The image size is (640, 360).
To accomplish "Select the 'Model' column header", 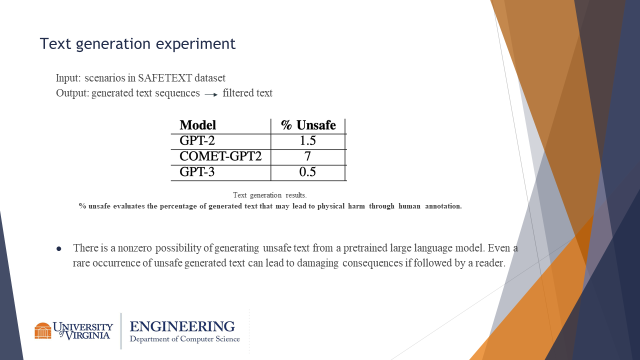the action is (x=197, y=125).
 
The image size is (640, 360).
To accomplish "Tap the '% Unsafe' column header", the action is (x=308, y=125).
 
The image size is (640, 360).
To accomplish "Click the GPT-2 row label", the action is (x=197, y=140).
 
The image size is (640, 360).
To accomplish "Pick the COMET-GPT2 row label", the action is (x=220, y=156).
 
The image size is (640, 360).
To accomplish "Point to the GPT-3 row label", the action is (x=197, y=172).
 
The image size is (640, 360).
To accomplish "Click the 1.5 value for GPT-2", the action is (x=307, y=140).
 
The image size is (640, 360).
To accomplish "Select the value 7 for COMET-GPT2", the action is (x=307, y=156).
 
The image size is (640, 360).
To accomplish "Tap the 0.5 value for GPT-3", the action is (x=307, y=172).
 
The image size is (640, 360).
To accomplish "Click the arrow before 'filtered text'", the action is (x=211, y=95).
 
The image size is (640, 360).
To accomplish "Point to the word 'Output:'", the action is (x=72, y=93).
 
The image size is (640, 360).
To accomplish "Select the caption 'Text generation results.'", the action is (x=269, y=195).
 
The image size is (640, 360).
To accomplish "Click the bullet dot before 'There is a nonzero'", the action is (x=59, y=249).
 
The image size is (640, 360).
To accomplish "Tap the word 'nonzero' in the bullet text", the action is (x=134, y=248).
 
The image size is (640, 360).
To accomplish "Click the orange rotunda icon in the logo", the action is (x=43, y=330).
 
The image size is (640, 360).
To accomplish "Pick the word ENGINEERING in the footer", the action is (x=182, y=326).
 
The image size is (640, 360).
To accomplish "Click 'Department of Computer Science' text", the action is (x=185, y=339).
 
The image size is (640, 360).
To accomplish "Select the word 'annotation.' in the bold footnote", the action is (x=443, y=206).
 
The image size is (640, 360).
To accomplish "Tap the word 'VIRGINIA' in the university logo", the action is (x=87, y=335).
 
